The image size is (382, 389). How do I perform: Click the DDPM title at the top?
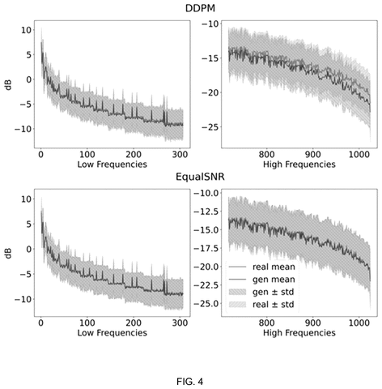point(200,8)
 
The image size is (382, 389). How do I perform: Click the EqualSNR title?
point(200,177)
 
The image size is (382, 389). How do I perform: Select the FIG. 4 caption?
point(190,382)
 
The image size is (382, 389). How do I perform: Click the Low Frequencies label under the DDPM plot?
point(112,165)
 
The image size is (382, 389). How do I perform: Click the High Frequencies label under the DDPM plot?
point(299,165)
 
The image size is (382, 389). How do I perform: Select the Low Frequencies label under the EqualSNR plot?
point(112,332)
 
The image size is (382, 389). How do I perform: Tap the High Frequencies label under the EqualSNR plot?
point(299,332)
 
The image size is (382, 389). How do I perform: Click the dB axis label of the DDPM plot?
point(9,84)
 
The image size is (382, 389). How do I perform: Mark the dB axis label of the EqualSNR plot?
point(9,253)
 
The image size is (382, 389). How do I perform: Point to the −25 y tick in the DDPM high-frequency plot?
point(210,127)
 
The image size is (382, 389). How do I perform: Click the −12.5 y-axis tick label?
point(206,212)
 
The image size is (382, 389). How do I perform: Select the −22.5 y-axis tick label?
point(206,285)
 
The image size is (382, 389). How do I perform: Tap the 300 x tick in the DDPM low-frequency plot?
point(180,155)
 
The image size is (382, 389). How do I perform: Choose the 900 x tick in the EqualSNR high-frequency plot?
point(313,323)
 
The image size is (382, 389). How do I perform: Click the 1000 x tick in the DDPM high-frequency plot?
point(359,155)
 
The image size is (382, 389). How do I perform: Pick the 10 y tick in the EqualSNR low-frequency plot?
point(26,199)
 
